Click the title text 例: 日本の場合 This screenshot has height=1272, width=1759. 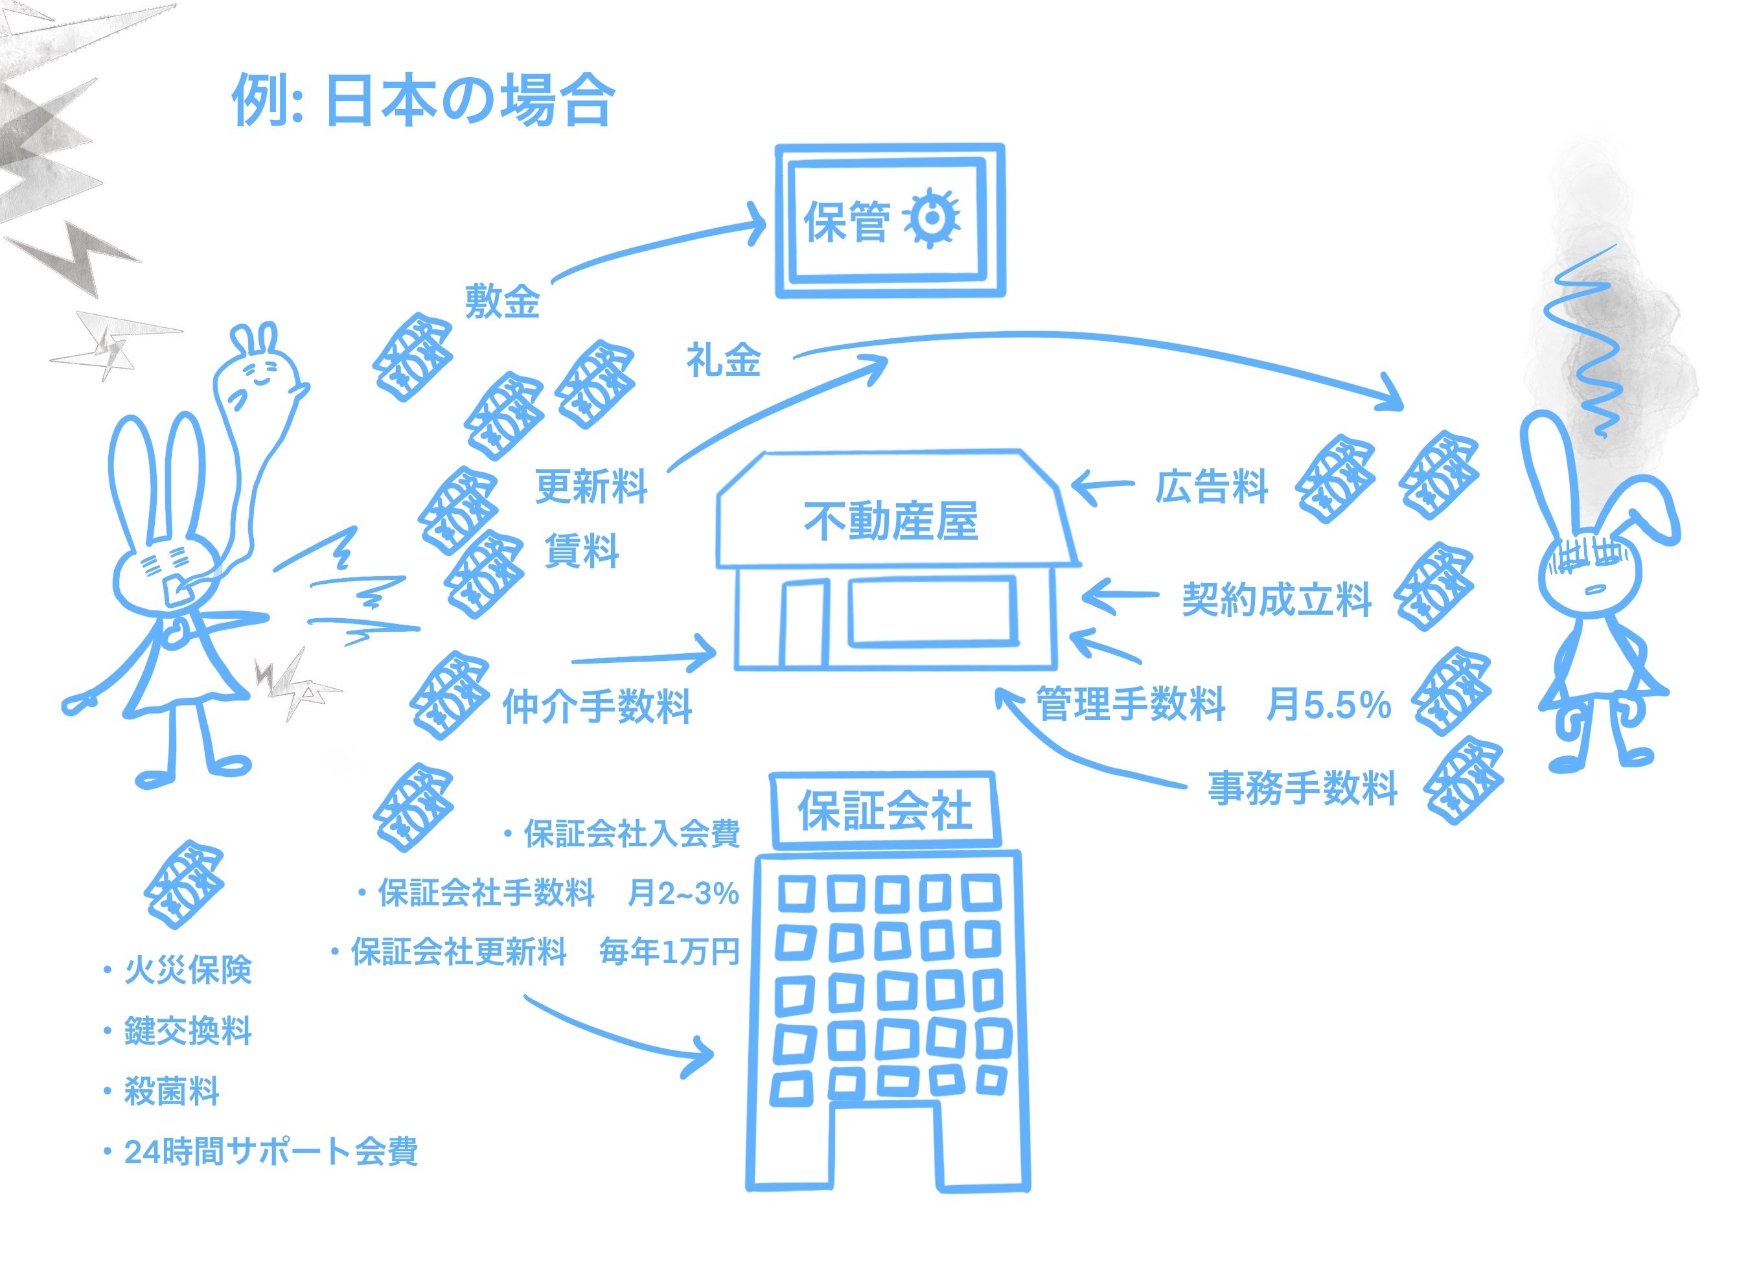[424, 101]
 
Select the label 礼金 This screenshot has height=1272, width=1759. [723, 361]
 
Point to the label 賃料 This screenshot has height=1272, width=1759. [582, 551]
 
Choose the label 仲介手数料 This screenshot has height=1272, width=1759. [597, 706]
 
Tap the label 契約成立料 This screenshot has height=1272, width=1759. [1276, 599]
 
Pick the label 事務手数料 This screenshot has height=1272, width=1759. [1303, 788]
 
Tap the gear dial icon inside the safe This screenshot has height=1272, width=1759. [932, 219]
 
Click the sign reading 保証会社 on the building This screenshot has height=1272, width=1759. [885, 811]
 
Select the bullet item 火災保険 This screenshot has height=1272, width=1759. [189, 970]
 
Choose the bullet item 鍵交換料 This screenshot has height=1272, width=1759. [189, 1031]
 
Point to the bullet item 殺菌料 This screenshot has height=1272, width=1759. [172, 1091]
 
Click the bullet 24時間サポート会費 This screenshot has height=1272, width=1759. [271, 1151]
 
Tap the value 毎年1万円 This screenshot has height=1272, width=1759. [669, 952]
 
